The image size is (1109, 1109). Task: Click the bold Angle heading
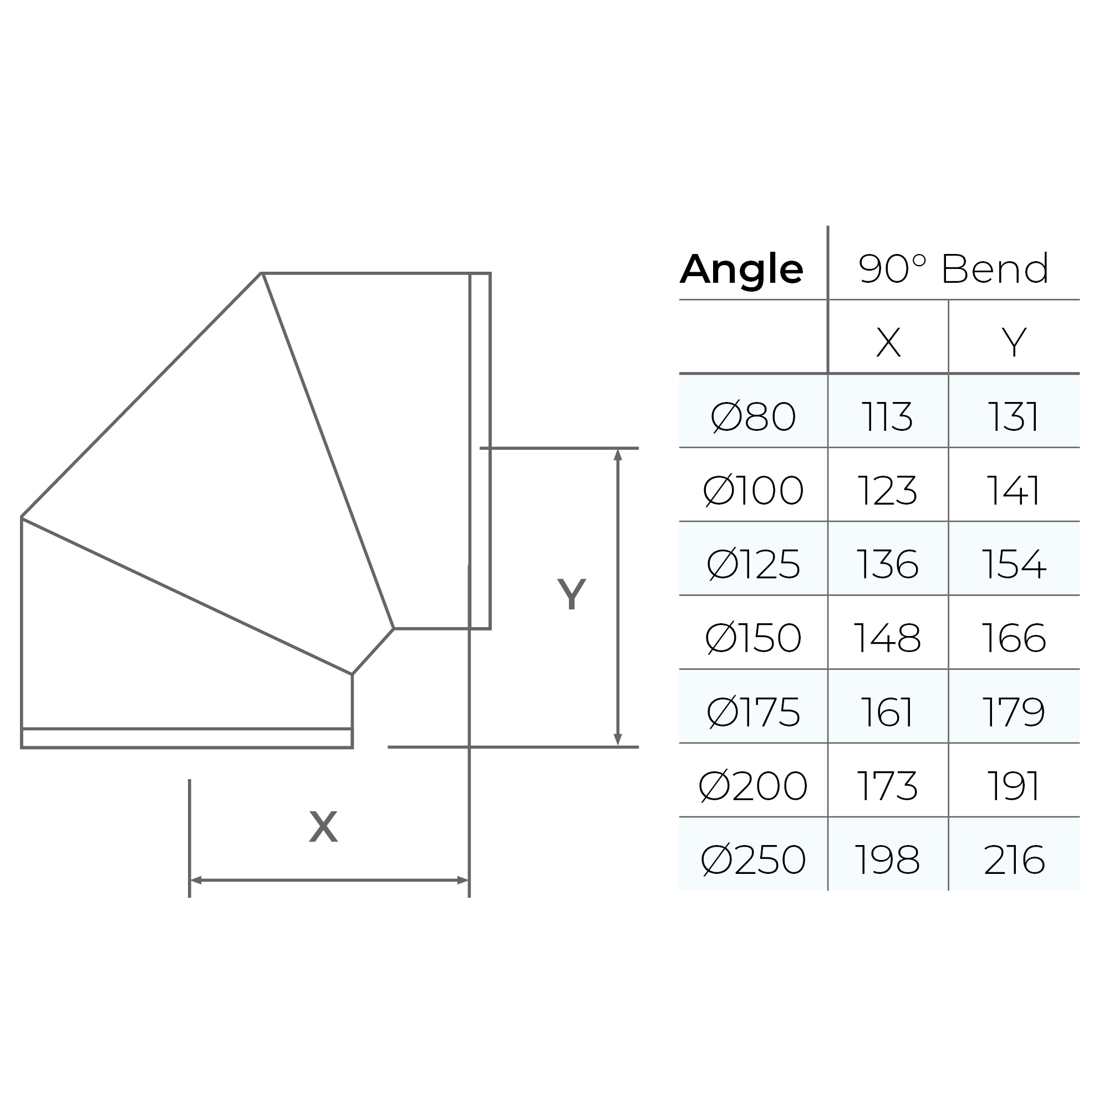(741, 270)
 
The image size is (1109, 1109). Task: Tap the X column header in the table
(888, 343)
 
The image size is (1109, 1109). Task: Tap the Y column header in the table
(1014, 343)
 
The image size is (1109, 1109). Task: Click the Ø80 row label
(752, 417)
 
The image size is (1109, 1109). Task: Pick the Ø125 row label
(752, 564)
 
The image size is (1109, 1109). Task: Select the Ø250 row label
(752, 860)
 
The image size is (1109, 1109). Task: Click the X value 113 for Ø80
(887, 417)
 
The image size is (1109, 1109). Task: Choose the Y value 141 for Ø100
(1013, 491)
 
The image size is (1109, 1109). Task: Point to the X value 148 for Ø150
(887, 638)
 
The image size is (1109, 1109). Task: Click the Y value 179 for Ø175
(1013, 713)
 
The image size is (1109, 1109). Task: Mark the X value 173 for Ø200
(887, 786)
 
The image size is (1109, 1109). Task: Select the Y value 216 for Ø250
(1013, 860)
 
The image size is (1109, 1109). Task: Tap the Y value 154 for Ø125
(1013, 564)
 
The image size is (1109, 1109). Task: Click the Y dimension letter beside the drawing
(571, 594)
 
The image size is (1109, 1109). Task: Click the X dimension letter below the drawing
(323, 827)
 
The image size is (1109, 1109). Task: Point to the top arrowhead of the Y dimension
(618, 455)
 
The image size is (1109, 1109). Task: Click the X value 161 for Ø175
(887, 713)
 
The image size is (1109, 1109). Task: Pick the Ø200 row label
(752, 786)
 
